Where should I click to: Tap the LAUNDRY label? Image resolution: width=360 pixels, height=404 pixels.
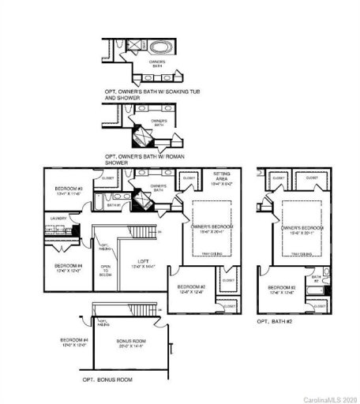57,217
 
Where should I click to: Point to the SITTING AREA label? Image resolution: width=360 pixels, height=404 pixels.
222,178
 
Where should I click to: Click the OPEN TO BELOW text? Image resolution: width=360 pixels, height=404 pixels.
105,273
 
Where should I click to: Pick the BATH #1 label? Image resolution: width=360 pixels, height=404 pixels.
114,205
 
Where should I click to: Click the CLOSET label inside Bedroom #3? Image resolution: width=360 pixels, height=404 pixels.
108,178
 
